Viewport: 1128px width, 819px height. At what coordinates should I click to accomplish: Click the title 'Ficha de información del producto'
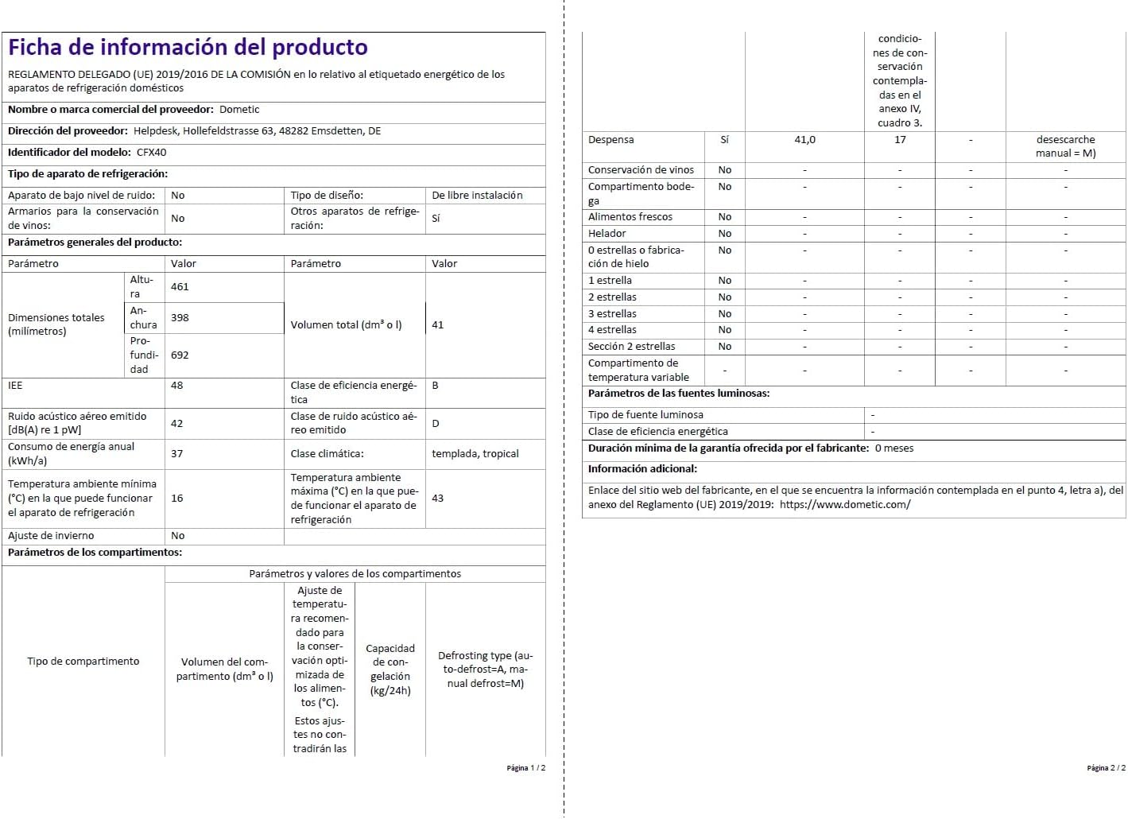[188, 48]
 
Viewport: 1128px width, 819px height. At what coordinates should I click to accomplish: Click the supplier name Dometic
[239, 110]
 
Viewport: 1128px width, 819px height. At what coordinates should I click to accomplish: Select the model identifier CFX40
[151, 153]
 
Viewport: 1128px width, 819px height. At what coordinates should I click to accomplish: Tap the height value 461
[180, 287]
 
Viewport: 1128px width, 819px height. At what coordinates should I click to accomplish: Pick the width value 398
[180, 318]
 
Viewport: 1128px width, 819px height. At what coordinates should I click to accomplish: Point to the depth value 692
[180, 355]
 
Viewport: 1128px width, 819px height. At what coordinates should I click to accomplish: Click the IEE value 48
[176, 386]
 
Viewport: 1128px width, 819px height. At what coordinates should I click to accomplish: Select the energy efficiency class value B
[436, 386]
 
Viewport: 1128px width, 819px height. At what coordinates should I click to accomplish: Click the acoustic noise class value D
[436, 424]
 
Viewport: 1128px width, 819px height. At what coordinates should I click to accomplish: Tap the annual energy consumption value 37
[176, 454]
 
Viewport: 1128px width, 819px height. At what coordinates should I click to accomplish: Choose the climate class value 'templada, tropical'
[475, 454]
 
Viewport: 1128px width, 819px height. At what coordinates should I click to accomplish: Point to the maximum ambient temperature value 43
[437, 499]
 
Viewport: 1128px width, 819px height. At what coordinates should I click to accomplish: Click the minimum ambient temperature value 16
[176, 499]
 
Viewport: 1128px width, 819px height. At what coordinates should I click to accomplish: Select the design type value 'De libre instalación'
[477, 196]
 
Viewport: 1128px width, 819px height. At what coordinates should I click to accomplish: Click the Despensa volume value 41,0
[804, 140]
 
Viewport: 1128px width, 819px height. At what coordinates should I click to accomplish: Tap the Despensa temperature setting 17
[900, 140]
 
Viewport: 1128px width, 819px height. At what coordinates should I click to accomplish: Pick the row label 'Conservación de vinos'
[641, 170]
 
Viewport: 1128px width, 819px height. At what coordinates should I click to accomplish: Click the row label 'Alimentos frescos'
[630, 217]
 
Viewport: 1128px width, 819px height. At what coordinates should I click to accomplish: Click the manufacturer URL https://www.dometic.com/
[845, 505]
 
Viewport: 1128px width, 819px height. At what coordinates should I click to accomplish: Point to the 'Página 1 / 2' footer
[525, 768]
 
